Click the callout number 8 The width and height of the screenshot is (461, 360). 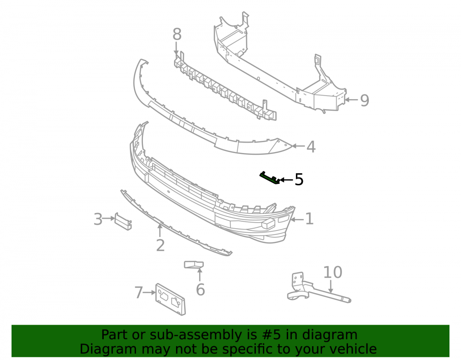coord(177,35)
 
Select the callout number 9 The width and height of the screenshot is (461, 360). coord(365,100)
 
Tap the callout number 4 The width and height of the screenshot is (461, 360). coord(311,147)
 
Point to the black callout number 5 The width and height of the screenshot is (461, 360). coord(299,180)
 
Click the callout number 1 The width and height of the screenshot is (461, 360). coord(309,219)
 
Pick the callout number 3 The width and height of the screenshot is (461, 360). coord(98,219)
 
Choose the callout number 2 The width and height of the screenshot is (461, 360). coord(160,245)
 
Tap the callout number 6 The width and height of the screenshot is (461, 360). coord(200,290)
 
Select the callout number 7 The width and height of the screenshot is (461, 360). coord(138,293)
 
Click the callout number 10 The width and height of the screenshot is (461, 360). coord(333,272)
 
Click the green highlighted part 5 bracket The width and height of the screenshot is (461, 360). coord(270,178)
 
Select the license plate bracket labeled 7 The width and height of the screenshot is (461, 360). coord(171,300)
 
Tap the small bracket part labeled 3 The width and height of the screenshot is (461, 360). coord(123,222)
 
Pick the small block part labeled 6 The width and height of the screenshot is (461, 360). coord(194,265)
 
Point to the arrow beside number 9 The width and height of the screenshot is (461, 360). coord(351,100)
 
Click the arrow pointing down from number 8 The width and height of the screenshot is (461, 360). coord(176,48)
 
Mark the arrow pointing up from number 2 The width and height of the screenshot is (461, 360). coord(160,230)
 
